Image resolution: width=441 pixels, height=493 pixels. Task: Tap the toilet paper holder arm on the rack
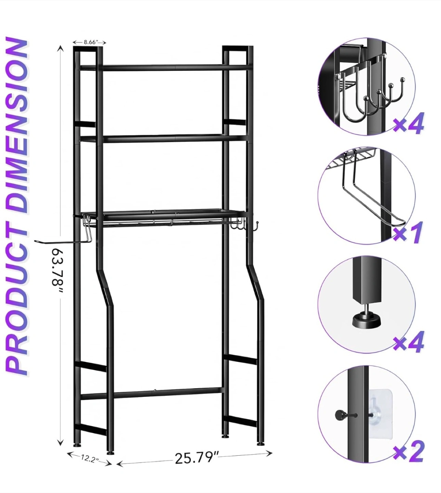click(x=64, y=241)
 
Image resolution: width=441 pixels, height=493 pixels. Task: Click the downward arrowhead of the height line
click(x=60, y=440)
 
